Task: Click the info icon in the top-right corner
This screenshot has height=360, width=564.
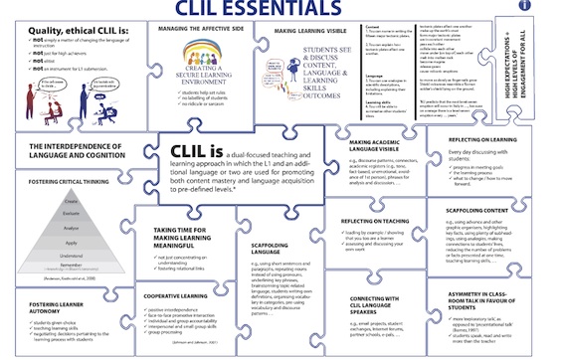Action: click(553, 6)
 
